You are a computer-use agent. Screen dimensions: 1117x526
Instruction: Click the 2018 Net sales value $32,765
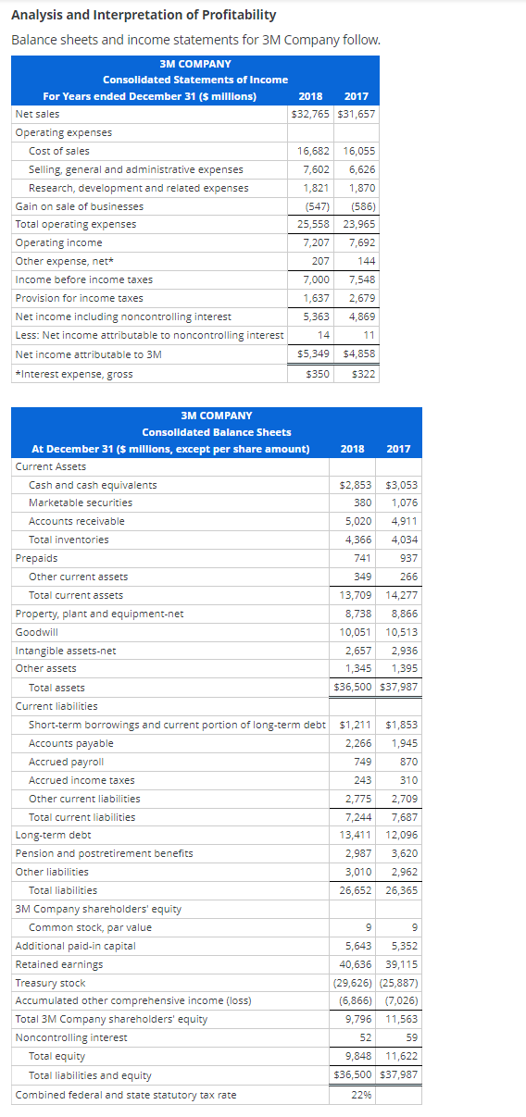[x=309, y=114]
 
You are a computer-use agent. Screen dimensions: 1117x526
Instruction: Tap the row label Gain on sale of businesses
[x=80, y=206]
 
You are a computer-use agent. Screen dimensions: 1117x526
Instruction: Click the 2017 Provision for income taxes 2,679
[x=361, y=298]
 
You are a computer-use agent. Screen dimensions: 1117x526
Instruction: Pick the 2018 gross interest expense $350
[x=318, y=374]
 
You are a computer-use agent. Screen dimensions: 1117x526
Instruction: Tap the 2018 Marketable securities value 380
[x=362, y=503]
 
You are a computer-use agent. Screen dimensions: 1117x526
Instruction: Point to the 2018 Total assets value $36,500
[x=356, y=688]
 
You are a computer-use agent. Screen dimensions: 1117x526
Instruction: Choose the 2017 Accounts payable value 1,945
[x=404, y=743]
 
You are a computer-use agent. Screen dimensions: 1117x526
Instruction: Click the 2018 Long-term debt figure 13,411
[x=357, y=835]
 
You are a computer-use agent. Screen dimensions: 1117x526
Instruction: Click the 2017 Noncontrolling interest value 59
[x=410, y=1037]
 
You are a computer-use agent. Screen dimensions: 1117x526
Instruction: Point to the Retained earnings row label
[x=59, y=964]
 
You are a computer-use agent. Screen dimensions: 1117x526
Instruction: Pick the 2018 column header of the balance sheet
[x=352, y=449]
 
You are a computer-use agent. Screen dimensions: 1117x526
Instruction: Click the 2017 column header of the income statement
[x=356, y=96]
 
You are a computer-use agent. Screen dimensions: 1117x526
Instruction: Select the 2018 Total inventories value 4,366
[x=357, y=540]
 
